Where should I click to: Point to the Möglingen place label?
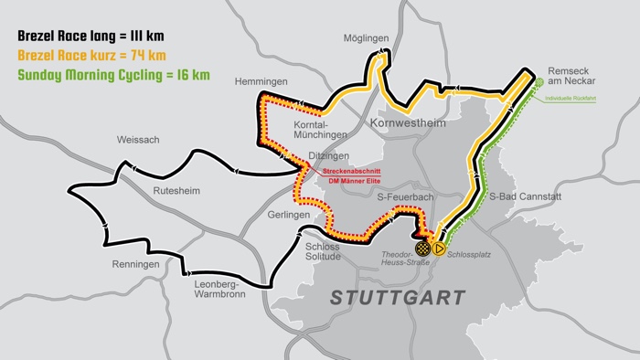click(x=367, y=39)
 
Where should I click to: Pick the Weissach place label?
click(x=138, y=140)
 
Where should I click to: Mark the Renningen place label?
click(x=136, y=264)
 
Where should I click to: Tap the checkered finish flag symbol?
click(x=422, y=247)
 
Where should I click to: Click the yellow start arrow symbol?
click(x=439, y=247)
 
